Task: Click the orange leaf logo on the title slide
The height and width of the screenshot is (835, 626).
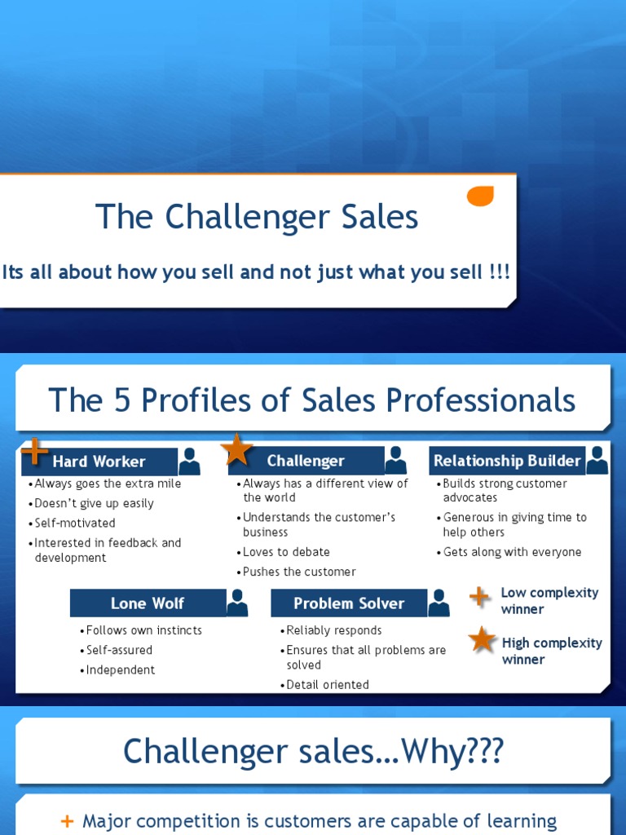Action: pos(480,197)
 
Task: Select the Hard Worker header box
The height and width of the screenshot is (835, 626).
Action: pos(99,462)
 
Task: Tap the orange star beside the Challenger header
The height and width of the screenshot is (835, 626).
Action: pos(236,449)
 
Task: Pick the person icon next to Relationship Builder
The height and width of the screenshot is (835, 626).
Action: pos(597,460)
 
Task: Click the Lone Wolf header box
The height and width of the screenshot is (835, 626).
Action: pos(148,603)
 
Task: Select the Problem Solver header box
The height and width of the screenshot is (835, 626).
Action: pos(349,603)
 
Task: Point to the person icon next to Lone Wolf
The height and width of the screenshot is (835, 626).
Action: pos(237,603)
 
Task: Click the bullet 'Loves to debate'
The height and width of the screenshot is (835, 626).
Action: pos(286,552)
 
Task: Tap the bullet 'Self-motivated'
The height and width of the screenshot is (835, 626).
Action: pos(74,523)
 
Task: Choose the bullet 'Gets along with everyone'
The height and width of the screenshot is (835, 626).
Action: pos(512,552)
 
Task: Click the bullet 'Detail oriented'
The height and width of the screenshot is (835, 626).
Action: pos(328,685)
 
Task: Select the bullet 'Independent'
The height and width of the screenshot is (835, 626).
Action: pos(121,669)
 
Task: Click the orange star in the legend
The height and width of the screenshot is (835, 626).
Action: pos(483,640)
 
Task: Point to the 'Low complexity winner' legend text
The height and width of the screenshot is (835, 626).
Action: pos(549,601)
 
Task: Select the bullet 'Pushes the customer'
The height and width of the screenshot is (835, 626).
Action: pos(299,572)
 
